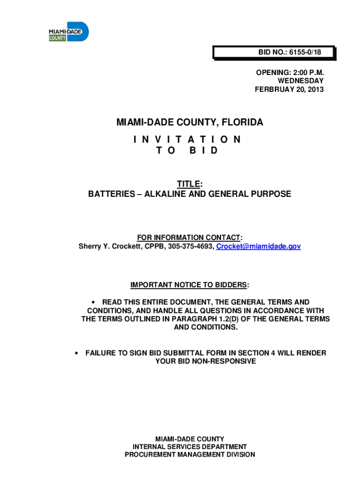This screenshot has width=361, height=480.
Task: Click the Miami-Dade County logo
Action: point(68,31)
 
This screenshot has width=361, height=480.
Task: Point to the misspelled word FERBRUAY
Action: point(274,90)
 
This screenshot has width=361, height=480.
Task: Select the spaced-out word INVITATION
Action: point(187,139)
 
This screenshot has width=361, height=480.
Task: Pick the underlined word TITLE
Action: point(188,185)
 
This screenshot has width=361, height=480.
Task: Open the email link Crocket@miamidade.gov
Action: point(258,246)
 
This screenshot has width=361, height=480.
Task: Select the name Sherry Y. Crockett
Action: point(107,246)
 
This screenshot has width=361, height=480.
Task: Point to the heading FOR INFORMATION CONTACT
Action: point(188,237)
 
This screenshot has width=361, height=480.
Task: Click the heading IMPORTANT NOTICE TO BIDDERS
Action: point(189,285)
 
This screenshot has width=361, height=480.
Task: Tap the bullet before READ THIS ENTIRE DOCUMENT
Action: point(95,303)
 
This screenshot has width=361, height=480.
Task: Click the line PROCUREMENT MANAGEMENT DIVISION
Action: point(190,455)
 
